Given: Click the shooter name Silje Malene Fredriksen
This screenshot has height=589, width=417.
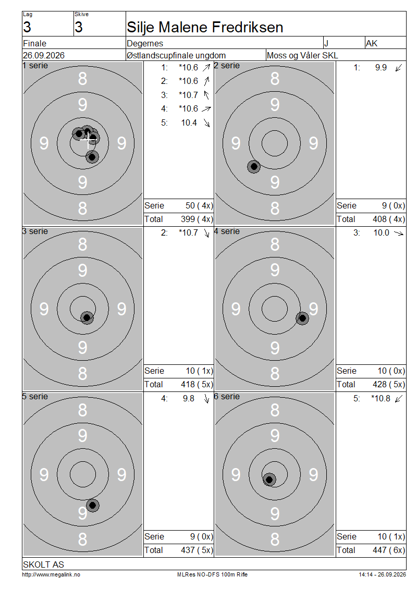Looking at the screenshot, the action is [x=205, y=28].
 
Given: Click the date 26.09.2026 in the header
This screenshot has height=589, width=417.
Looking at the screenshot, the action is [x=44, y=55].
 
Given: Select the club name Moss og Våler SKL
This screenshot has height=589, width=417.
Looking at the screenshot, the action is [x=302, y=55].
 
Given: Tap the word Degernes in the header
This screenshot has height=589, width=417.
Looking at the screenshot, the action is [x=145, y=43].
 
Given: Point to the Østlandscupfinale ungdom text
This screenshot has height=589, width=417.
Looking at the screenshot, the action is [x=176, y=55].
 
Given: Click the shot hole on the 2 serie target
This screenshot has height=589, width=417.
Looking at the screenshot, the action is [x=254, y=166].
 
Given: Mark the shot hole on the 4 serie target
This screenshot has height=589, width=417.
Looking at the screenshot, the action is [x=302, y=318].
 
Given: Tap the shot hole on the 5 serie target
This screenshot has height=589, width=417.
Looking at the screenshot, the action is [x=92, y=505].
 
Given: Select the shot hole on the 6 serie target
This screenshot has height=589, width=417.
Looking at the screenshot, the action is [x=269, y=480].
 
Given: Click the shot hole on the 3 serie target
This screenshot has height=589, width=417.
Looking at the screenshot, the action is [x=87, y=317].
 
